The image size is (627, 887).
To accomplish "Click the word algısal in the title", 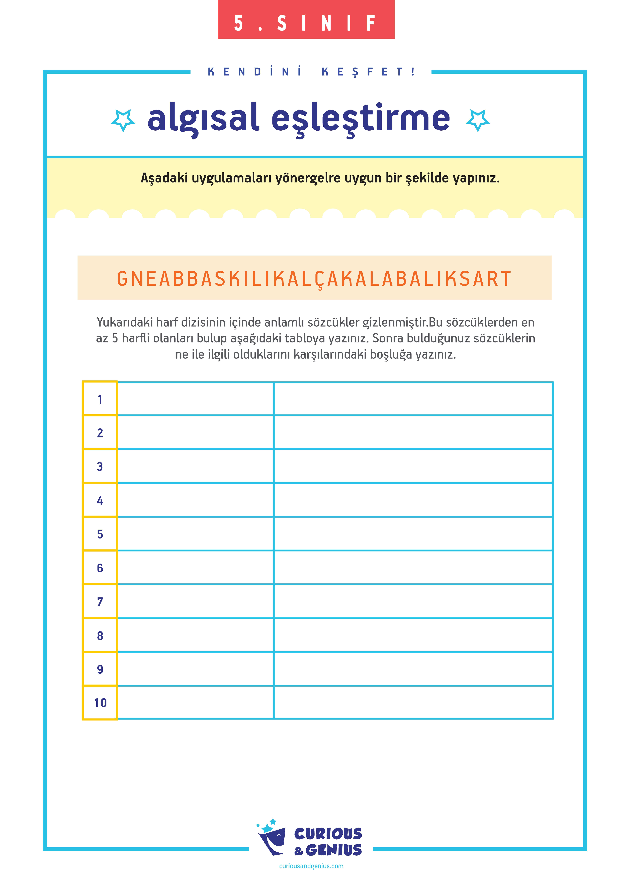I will [203, 118].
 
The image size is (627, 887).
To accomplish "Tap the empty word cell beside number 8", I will [196, 635].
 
